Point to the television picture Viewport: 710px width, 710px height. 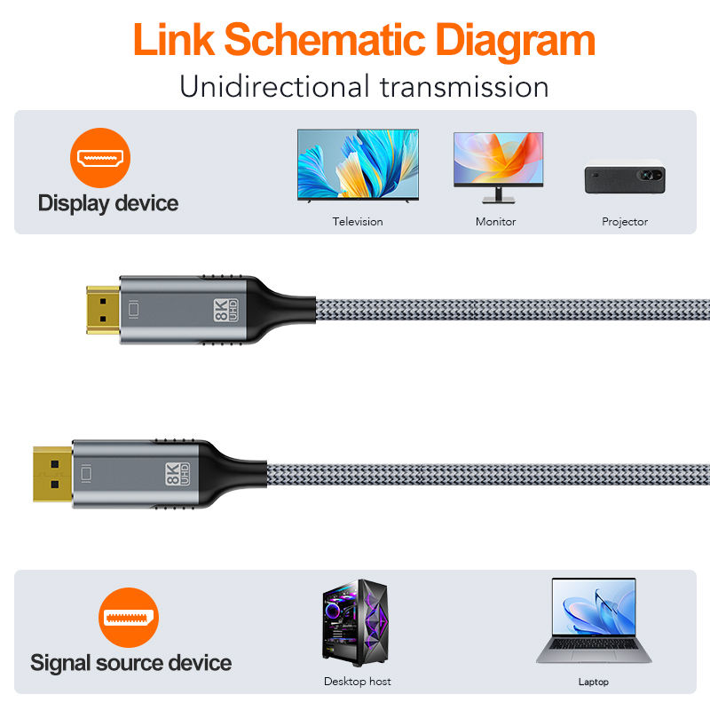click(358, 166)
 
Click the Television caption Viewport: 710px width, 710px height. click(358, 222)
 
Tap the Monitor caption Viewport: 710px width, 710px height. click(495, 222)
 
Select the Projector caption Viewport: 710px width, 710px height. click(625, 222)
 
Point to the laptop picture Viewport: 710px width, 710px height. click(593, 620)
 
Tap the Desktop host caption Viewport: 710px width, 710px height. click(357, 682)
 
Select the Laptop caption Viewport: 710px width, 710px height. click(593, 682)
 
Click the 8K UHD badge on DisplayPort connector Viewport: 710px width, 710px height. click(174, 472)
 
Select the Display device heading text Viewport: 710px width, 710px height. click(108, 203)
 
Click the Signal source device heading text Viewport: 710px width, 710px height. click(130, 663)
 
